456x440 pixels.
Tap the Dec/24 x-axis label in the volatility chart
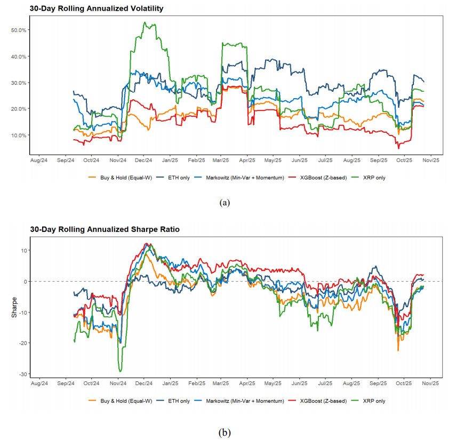[143, 159]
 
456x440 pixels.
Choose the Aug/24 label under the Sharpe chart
[39, 383]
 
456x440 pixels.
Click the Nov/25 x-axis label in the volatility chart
[431, 159]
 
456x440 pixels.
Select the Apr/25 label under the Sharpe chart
[247, 383]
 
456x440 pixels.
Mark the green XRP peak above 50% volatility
[145, 23]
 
